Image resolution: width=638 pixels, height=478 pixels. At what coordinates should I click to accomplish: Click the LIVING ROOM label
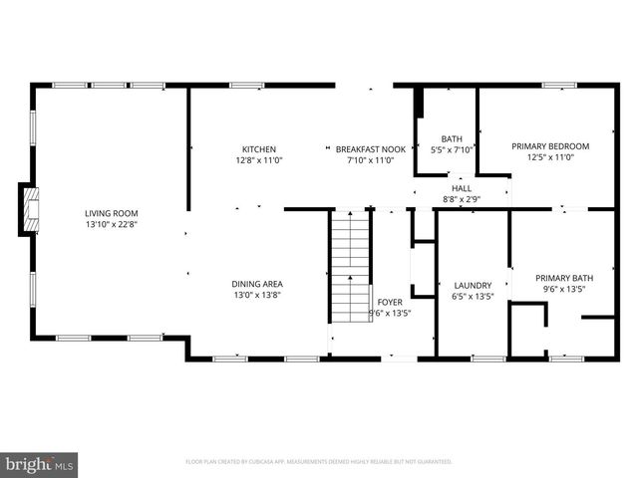click(111, 213)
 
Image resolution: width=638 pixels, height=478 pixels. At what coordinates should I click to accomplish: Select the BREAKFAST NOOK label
click(370, 149)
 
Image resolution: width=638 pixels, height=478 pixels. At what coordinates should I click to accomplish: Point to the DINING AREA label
click(258, 284)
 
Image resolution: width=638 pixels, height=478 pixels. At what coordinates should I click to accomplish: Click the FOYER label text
click(390, 302)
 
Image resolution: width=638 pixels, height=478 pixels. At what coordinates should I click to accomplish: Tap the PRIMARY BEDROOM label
click(550, 146)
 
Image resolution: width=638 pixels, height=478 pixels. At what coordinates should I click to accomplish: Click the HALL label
click(462, 188)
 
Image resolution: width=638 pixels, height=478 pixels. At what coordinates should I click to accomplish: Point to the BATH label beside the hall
click(453, 139)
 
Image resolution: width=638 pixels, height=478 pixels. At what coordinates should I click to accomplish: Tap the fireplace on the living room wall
click(30, 209)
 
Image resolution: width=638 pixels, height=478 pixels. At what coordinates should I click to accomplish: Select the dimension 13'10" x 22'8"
click(111, 224)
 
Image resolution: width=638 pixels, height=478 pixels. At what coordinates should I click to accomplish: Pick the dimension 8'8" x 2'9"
click(462, 199)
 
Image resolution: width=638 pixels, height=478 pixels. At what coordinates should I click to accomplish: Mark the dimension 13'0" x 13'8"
click(258, 295)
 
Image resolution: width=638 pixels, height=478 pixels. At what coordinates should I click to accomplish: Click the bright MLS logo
click(40, 463)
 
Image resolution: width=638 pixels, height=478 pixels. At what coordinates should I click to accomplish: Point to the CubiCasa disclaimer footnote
click(319, 462)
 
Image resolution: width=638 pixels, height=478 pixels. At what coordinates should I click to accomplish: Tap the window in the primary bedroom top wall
click(559, 86)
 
